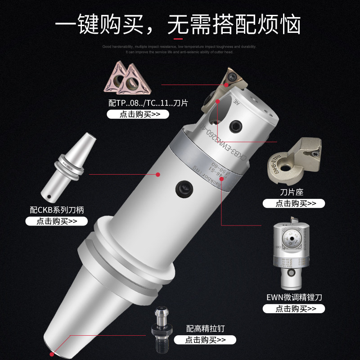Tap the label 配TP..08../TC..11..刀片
[x=148, y=103]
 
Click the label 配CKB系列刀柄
[x=56, y=210]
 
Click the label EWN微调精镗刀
[x=293, y=297]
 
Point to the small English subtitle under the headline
[x=179, y=49]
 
